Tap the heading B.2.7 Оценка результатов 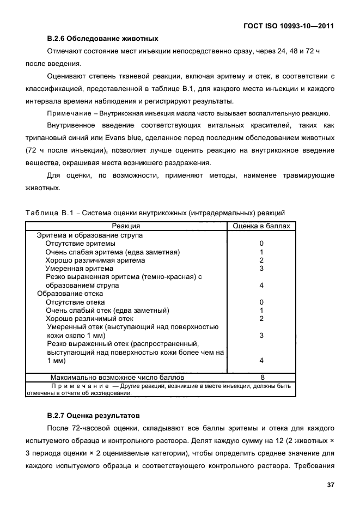click(93, 415)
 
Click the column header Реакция click(126, 226)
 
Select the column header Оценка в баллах click(261, 226)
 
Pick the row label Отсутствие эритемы click(80, 244)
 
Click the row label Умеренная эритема click(80, 269)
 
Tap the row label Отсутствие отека click(75, 302)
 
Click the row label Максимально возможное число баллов click(117, 377)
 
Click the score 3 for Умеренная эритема click(261, 269)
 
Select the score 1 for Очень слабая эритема click(261, 252)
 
